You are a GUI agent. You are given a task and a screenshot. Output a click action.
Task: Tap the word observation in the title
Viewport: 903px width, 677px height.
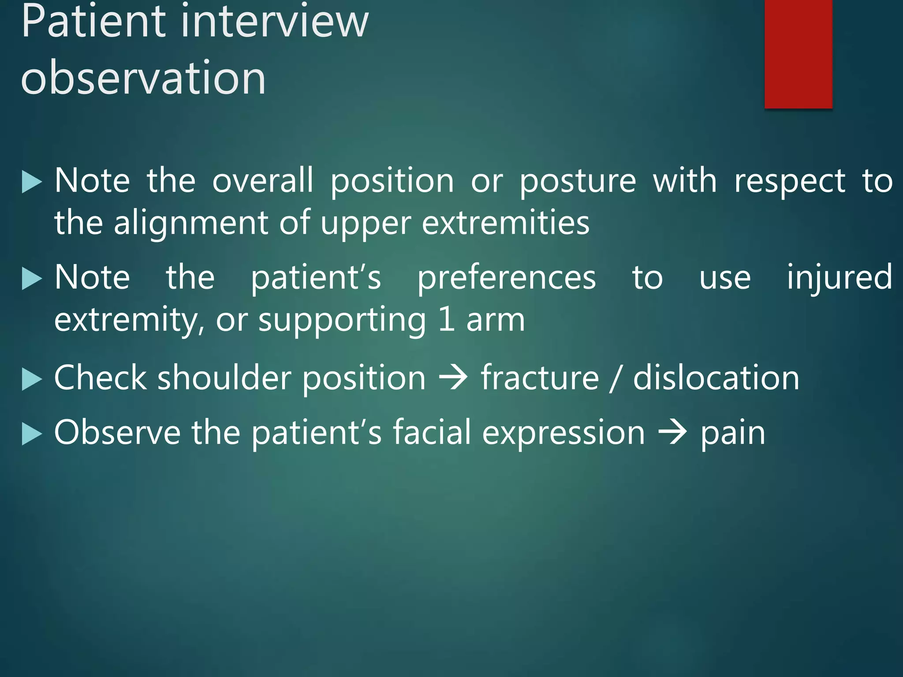point(143,78)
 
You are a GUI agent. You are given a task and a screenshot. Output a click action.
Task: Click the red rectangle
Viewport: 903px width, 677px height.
point(798,53)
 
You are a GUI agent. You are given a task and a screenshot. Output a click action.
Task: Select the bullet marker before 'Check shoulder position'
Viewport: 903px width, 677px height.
point(31,379)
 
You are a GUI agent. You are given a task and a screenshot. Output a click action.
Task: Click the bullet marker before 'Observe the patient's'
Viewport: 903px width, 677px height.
point(31,434)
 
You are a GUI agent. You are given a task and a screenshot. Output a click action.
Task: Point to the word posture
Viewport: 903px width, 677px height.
point(578,182)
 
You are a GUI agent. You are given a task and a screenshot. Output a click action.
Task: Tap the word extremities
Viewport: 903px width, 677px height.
point(505,223)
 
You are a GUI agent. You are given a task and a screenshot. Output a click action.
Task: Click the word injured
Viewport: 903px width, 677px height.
point(839,278)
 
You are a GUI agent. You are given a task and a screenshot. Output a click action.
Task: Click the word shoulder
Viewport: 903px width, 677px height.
point(224,378)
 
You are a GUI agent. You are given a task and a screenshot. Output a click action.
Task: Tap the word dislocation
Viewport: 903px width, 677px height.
point(716,378)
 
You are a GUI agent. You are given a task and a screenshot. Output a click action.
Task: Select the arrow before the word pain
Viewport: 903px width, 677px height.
point(672,433)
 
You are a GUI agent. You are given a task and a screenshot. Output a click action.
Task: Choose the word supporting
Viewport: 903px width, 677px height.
point(342,320)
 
